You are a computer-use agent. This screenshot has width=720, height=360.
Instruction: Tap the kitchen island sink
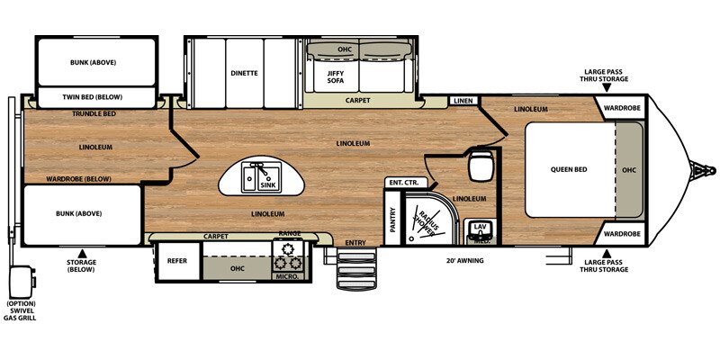click(261, 177)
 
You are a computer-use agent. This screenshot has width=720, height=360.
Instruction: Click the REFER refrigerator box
click(177, 261)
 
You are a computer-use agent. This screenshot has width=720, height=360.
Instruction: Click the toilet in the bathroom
click(481, 164)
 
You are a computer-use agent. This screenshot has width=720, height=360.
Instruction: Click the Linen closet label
click(463, 100)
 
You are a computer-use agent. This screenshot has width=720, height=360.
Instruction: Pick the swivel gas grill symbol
click(20, 282)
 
